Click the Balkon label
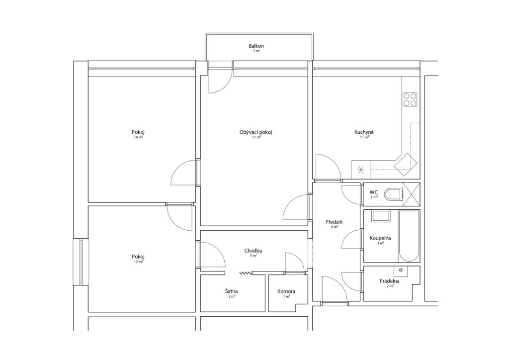pos(256,46)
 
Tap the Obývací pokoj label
pos(255,132)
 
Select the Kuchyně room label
pos(364,132)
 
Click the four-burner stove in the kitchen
pos(410,99)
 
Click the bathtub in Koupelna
pos(409,236)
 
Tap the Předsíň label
pos(334,222)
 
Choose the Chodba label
pos(253,251)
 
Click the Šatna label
pos(232,291)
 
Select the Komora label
pos(286,291)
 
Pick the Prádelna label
pos(390,281)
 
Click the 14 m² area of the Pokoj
pos(138,137)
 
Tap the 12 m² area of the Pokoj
pos(138,262)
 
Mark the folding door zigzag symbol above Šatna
pos(246,273)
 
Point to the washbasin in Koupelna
pos(381,216)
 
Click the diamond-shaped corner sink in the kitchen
pos(406,165)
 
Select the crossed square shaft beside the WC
pos(411,194)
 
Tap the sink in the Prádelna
pos(401,270)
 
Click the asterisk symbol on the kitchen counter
pos(361,170)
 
